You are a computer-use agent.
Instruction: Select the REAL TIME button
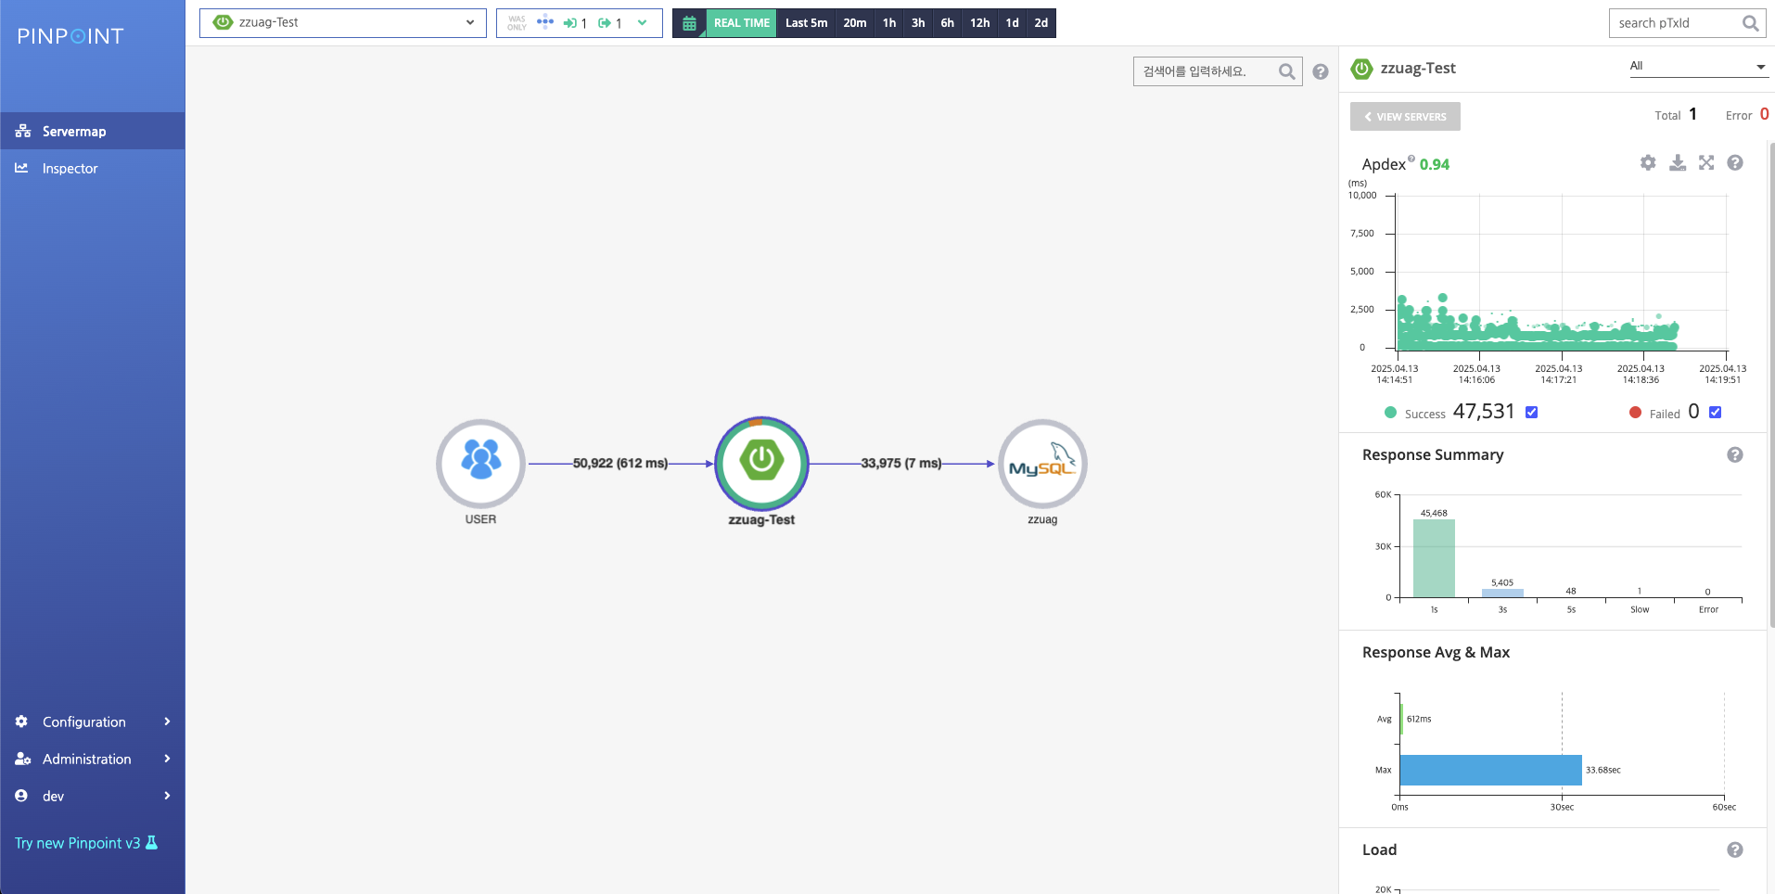741,23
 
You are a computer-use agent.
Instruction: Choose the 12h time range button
979,23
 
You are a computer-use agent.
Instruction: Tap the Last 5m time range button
806,23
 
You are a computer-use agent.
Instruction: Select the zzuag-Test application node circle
761,463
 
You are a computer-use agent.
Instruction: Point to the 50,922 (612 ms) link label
620,463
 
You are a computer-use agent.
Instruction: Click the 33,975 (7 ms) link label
901,463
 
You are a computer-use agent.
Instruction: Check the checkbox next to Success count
1531,413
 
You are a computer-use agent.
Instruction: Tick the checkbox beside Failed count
1715,413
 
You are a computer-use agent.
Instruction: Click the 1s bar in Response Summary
1434,558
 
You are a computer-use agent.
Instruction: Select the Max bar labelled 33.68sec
1490,770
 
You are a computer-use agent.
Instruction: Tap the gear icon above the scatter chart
1648,162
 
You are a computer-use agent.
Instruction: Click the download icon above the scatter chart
1678,162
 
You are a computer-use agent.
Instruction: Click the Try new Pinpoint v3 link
86,843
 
